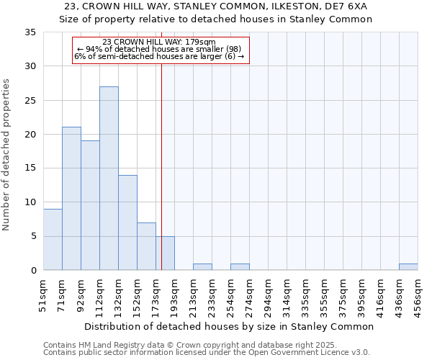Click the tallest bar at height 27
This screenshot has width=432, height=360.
tap(109, 179)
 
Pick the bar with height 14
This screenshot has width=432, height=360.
tap(127, 222)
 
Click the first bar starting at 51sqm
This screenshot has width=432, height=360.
tap(53, 240)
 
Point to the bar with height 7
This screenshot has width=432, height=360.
tap(146, 246)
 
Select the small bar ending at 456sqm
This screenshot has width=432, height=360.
tap(408, 267)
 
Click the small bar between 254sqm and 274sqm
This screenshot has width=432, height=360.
tap(240, 267)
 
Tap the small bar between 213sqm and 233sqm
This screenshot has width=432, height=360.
tap(202, 267)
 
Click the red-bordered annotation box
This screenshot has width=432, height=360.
tap(161, 49)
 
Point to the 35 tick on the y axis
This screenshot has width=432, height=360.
tap(31, 32)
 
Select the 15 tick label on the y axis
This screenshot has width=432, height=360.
tap(31, 168)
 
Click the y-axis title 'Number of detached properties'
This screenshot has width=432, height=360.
tap(6, 155)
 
